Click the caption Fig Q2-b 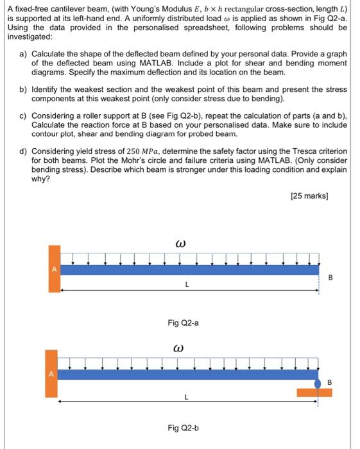tap(183, 427)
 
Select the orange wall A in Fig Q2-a tap(55, 269)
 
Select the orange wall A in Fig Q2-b tap(51, 373)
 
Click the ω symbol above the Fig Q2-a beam tap(180, 244)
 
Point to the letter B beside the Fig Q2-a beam tap(331, 278)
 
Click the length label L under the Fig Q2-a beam tap(185, 283)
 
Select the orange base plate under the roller tap(314, 392)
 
